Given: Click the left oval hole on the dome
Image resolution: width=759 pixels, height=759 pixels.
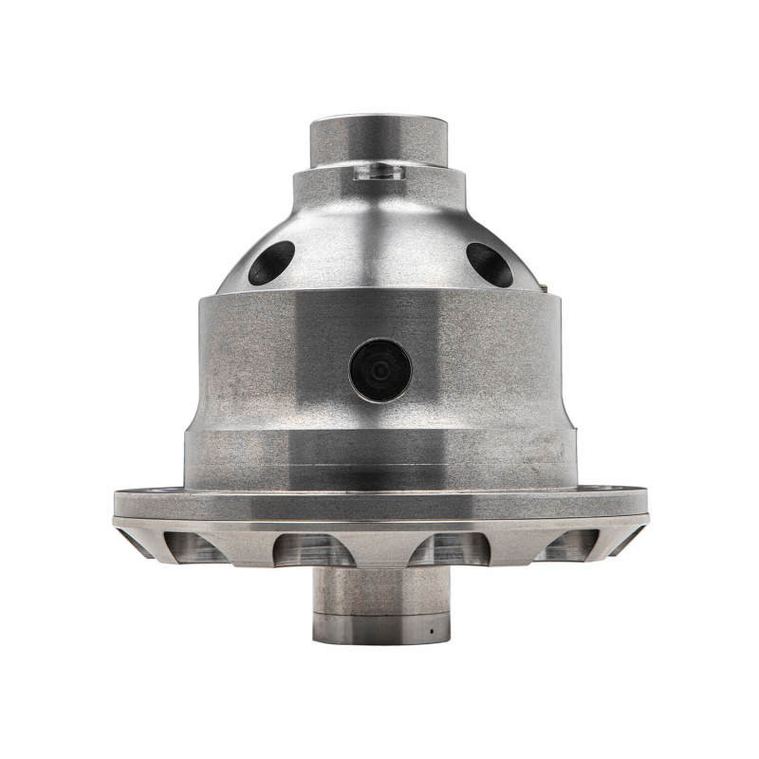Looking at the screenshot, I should (x=271, y=262).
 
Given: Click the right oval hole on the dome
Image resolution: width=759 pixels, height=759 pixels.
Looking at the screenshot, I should (x=490, y=264).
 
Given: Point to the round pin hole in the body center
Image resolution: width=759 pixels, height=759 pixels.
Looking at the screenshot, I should (x=380, y=370).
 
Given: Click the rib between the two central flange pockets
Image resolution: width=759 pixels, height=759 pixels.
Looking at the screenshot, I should (x=379, y=546).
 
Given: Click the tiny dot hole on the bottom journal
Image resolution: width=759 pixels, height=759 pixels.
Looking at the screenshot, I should (x=430, y=630).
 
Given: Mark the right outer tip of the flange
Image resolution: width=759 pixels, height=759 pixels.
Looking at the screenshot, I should (x=646, y=504).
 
